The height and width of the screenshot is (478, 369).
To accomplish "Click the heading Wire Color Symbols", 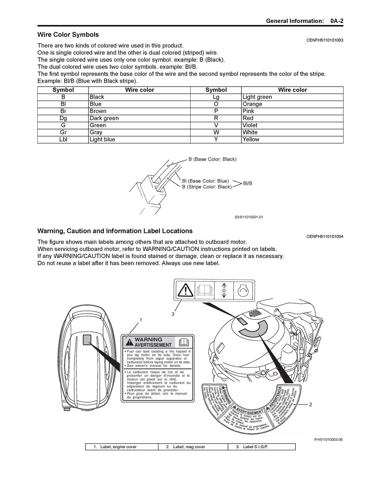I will [68, 35].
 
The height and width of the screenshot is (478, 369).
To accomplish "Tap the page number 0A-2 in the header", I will [337, 21].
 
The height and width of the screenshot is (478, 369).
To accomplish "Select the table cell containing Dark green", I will [104, 118].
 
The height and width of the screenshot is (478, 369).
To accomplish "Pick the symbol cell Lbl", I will [63, 140].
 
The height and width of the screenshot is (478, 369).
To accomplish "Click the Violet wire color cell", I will [250, 125].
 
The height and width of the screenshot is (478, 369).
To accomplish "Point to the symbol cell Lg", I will [216, 97].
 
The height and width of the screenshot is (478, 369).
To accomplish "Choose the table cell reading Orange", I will [252, 104].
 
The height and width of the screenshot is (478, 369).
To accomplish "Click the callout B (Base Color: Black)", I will [212, 159].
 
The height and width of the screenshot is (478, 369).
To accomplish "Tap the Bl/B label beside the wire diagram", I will [247, 183].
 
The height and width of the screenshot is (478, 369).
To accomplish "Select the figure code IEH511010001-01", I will [249, 217].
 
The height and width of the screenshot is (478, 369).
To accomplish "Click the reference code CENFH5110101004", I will [325, 237].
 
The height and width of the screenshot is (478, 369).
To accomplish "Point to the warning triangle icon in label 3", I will [185, 289].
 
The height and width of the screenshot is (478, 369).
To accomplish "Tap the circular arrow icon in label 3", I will [244, 289].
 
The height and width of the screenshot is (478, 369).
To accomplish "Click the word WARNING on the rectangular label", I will [148, 339].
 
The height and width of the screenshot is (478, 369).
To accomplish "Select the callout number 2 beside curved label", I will [310, 405].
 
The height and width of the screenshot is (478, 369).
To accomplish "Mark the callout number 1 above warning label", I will [141, 320].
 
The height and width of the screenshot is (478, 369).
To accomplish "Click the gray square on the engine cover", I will [87, 340].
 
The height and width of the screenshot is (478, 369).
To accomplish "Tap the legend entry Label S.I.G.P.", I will [255, 447].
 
